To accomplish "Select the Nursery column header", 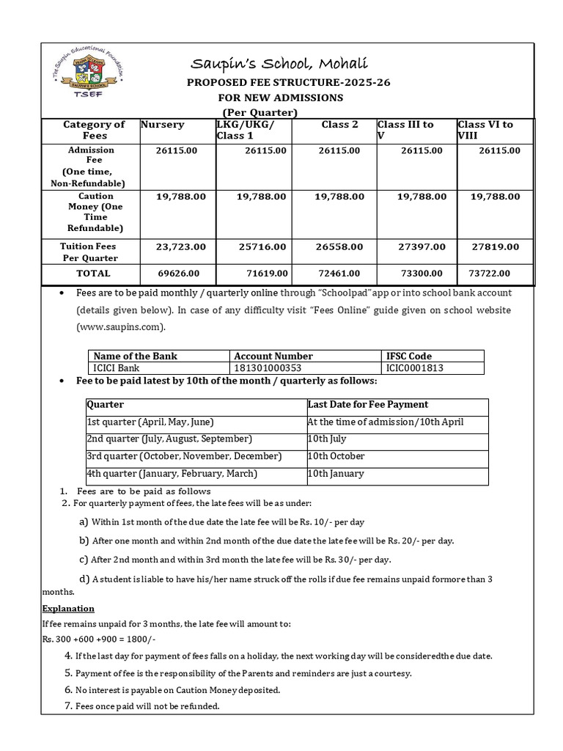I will pos(163,125).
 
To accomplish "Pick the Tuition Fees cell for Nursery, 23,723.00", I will pos(181,248).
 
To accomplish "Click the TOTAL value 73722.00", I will pos(494,273).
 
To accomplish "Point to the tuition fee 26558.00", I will pos(339,248).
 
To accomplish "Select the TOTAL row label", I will pos(93,273).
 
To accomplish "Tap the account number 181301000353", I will pos(268,367).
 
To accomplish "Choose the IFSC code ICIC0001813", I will pos(415,367).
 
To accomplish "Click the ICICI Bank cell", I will pos(118,367).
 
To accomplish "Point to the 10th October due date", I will pos(336,456).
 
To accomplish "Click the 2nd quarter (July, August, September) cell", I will pos(169,439).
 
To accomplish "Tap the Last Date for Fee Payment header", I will pos(368,404).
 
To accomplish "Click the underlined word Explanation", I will pos(68,609).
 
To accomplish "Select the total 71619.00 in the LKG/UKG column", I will pos(263,273).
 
